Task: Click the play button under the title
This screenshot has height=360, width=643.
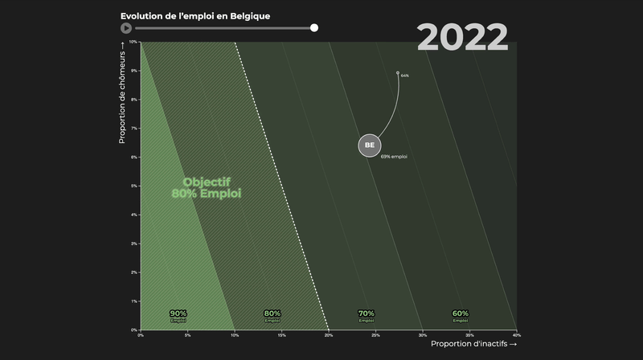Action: [x=126, y=28]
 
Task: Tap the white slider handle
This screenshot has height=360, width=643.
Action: [x=314, y=28]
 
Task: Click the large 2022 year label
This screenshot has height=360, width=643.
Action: [x=462, y=38]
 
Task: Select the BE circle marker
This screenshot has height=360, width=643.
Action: [x=370, y=145]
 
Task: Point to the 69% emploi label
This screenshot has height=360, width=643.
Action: [x=394, y=157]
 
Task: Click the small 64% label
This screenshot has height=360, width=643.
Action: [x=405, y=76]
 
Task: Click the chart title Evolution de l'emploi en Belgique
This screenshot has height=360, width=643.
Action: [x=195, y=15]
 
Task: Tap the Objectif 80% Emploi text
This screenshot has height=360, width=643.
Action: [x=207, y=188]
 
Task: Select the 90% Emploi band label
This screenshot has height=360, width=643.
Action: [x=178, y=315]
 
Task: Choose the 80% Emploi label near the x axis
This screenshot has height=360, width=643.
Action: [x=272, y=315]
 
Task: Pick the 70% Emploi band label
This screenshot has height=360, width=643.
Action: [x=367, y=315]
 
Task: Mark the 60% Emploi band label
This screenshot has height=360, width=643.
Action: [x=461, y=315]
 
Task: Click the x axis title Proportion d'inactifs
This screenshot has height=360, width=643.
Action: [x=473, y=344]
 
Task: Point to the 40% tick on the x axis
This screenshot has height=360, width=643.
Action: [x=516, y=334]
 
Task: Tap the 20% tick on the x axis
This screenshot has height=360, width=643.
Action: [x=328, y=334]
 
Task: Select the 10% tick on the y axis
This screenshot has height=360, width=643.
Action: [x=133, y=42]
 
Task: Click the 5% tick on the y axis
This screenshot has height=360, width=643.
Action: [x=134, y=186]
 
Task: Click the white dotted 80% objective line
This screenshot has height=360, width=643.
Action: [x=281, y=185]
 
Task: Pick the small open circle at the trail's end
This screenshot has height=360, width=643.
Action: [x=398, y=72]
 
